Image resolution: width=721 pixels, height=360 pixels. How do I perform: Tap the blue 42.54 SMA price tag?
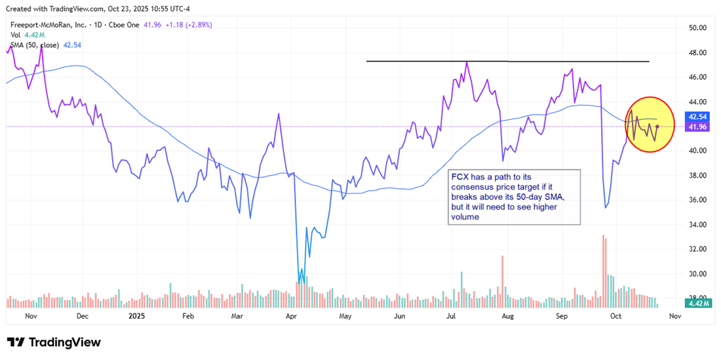pos(695,116)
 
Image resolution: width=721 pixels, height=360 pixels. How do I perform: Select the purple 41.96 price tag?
pos(695,127)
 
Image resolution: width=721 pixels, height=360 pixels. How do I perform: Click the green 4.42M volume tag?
pos(695,303)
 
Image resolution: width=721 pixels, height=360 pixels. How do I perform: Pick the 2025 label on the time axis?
pos(136,315)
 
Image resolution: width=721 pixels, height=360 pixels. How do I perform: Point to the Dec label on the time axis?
pos(82,315)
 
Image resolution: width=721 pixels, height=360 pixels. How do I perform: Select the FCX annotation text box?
pos(514,197)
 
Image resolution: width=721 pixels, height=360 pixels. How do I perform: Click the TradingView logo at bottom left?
pos(54,342)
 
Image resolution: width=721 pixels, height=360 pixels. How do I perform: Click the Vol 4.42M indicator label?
pos(26,35)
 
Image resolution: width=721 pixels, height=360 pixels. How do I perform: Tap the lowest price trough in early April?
pos(300,281)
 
